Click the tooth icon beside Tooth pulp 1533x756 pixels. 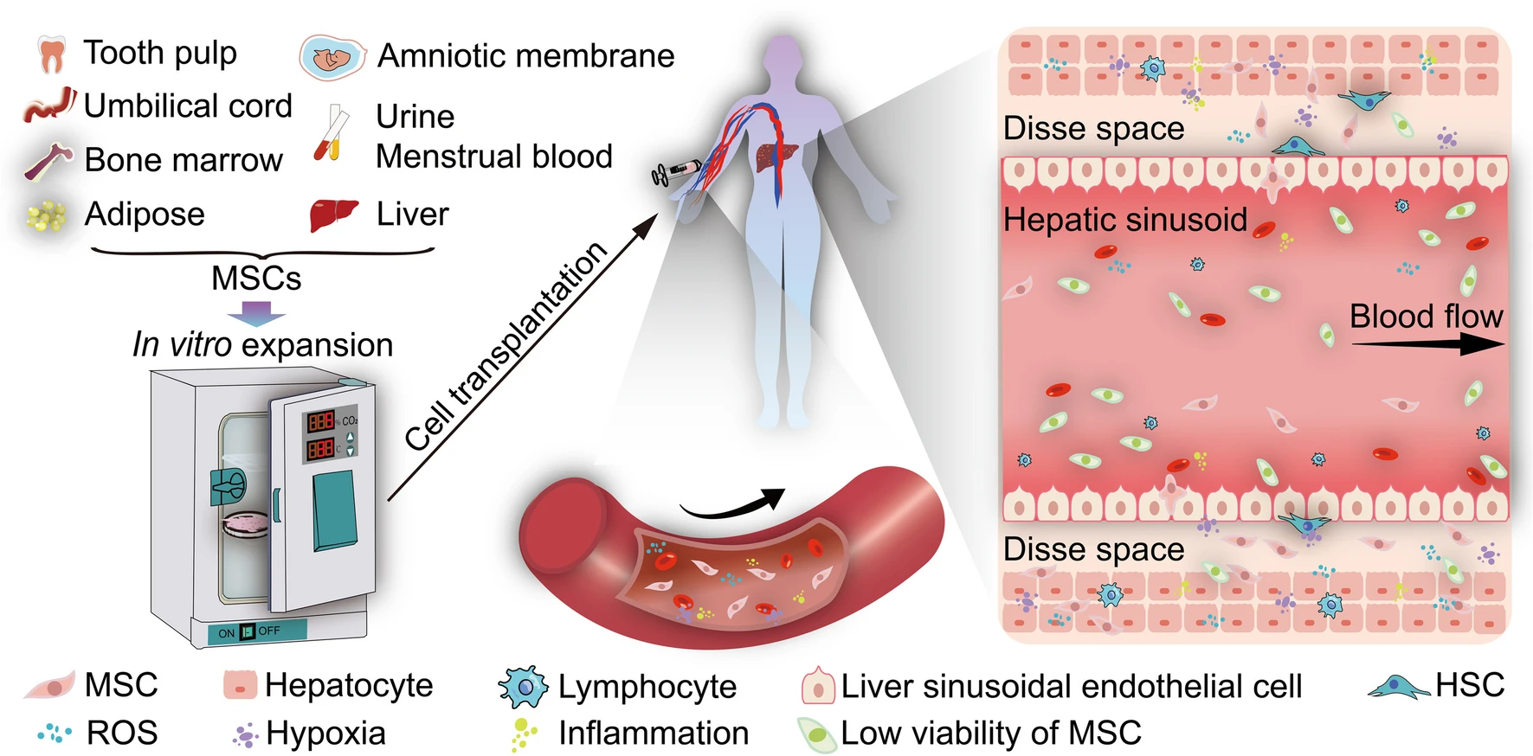(x=52, y=54)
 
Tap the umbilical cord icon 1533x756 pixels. (x=50, y=105)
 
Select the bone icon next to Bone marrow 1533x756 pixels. (x=48, y=161)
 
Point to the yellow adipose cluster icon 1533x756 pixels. (x=46, y=215)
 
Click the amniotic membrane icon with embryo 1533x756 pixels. (x=332, y=58)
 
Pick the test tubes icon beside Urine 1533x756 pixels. (x=332, y=135)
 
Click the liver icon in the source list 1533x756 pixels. (x=334, y=215)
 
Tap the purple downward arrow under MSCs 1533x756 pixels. (x=256, y=312)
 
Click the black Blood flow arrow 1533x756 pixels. (x=1427, y=344)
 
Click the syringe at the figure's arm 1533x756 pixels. (x=676, y=171)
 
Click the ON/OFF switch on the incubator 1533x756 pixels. (x=248, y=631)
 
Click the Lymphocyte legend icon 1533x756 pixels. (x=523, y=687)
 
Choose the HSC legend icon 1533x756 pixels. (x=1397, y=687)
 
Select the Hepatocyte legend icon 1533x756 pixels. (x=240, y=685)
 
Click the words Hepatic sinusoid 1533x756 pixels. (x=1124, y=220)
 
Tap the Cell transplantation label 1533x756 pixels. (x=507, y=346)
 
